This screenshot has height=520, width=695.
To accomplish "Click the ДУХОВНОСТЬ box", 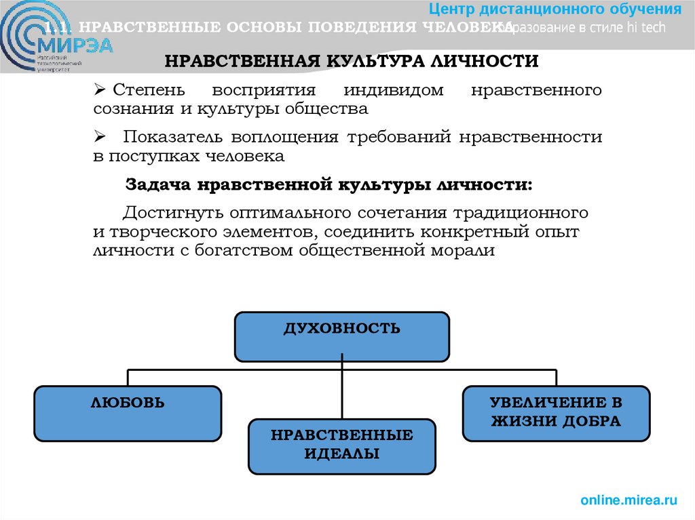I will coord(341,336).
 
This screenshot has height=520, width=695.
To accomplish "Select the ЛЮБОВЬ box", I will coord(128,413).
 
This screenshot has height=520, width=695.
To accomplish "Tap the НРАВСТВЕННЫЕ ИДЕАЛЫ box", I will coord(341,445).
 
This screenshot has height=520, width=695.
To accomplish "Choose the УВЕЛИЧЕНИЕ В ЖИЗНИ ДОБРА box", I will coord(556,412).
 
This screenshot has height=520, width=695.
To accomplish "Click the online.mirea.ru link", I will coord(629,501).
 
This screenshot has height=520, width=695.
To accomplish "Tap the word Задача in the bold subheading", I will coord(157,184).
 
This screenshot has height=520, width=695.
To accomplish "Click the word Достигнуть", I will coord(172,212).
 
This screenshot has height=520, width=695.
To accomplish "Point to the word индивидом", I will coord(394,90).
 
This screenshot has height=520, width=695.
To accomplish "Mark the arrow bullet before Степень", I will coord(99,90).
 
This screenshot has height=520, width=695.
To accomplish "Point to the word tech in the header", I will coord(651,28).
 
